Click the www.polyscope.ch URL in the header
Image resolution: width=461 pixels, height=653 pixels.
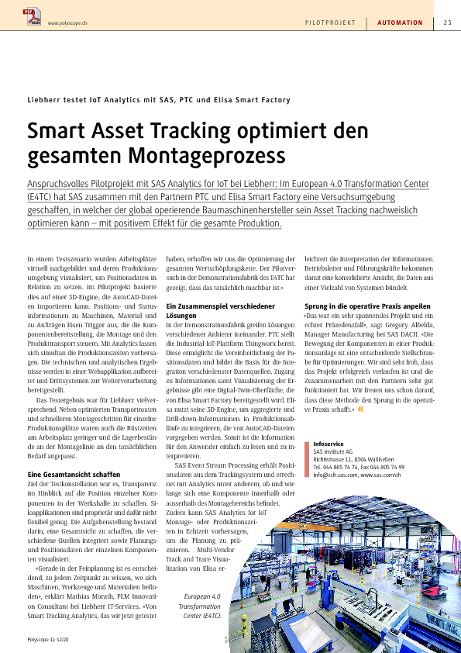point(67,23)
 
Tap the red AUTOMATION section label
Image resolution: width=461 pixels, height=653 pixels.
point(400,22)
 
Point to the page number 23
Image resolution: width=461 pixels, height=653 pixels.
point(447,22)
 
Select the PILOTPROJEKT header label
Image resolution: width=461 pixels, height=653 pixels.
point(330,22)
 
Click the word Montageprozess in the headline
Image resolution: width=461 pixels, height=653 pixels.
point(207,155)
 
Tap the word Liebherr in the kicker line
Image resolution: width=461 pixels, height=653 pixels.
point(43,100)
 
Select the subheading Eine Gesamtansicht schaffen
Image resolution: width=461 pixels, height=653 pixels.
point(74,475)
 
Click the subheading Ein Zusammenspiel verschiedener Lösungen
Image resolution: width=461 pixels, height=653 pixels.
point(221,311)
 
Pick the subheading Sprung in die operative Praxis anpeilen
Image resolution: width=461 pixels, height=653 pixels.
point(367,306)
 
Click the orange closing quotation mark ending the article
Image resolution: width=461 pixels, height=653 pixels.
point(360,409)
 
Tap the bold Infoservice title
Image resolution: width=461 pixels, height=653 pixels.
point(329,444)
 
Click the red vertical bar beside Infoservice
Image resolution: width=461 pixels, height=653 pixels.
point(307,459)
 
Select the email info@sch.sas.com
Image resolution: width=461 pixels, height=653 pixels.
point(335,475)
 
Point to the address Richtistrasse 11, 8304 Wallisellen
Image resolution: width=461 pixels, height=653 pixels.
point(353,459)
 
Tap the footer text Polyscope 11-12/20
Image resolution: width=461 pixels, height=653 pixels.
point(48,639)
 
